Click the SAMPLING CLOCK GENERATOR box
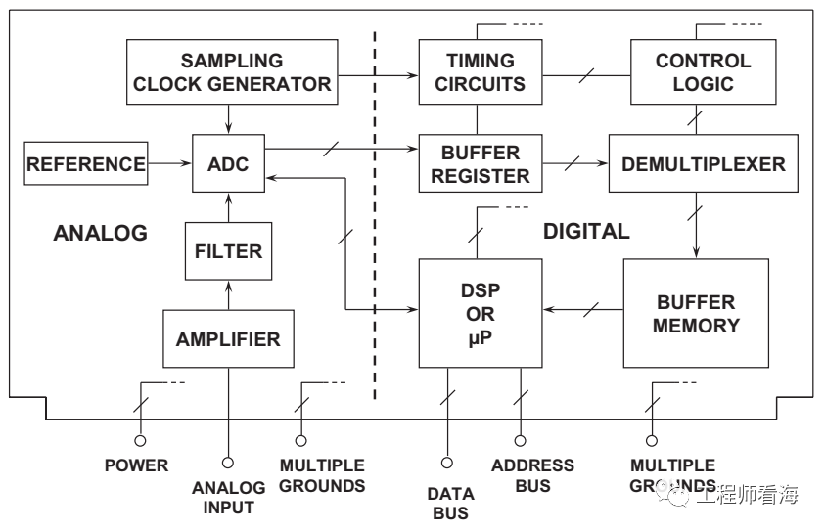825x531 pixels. point(232,71)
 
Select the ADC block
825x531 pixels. point(229,163)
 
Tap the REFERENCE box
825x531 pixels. point(86,163)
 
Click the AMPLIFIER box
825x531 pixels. point(228,339)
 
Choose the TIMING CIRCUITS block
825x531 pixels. point(480,71)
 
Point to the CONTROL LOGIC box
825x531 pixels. point(703,71)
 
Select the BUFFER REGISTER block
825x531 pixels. point(480,163)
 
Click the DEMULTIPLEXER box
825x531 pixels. point(703,163)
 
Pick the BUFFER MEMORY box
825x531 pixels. point(696,313)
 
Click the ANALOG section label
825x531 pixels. point(100,233)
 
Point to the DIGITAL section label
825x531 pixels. point(586,232)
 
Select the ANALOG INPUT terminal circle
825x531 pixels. point(228,463)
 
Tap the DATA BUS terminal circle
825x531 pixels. point(447,463)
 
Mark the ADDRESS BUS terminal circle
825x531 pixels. point(520,441)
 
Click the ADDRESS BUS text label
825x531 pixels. point(532,475)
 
